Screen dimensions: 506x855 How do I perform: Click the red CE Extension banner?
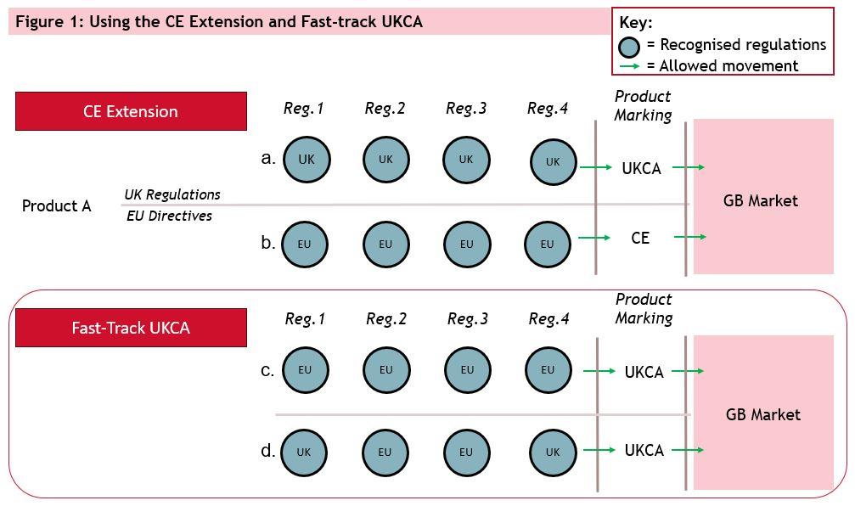pos(131,111)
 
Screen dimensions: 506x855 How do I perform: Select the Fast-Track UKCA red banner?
pos(131,328)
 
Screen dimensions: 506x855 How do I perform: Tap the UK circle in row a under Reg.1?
pos(307,160)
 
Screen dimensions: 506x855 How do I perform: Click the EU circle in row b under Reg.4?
pos(548,244)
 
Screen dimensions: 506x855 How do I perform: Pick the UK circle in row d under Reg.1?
pos(304,453)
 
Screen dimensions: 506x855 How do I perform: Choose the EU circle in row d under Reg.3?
pos(466,453)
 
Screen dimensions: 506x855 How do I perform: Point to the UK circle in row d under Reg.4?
pos(553,453)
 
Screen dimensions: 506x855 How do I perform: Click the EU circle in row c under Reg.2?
pos(386,370)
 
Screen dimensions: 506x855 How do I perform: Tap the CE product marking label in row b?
pos(640,239)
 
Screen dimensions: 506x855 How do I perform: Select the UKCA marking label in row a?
pos(641,169)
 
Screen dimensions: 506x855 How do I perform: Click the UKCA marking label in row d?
pos(644,451)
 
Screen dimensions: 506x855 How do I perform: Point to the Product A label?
pos(56,206)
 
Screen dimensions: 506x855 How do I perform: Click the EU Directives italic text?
pos(169,216)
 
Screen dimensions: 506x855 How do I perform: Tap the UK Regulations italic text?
pos(172,195)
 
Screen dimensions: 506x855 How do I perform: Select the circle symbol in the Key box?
pos(629,46)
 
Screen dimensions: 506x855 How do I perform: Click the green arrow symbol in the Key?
pos(629,66)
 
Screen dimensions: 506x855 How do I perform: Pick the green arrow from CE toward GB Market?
pos(689,238)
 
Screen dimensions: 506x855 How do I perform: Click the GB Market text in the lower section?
pos(763,415)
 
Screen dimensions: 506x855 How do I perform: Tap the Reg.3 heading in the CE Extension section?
pos(466,109)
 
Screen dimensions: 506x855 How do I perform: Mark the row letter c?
pos(267,370)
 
